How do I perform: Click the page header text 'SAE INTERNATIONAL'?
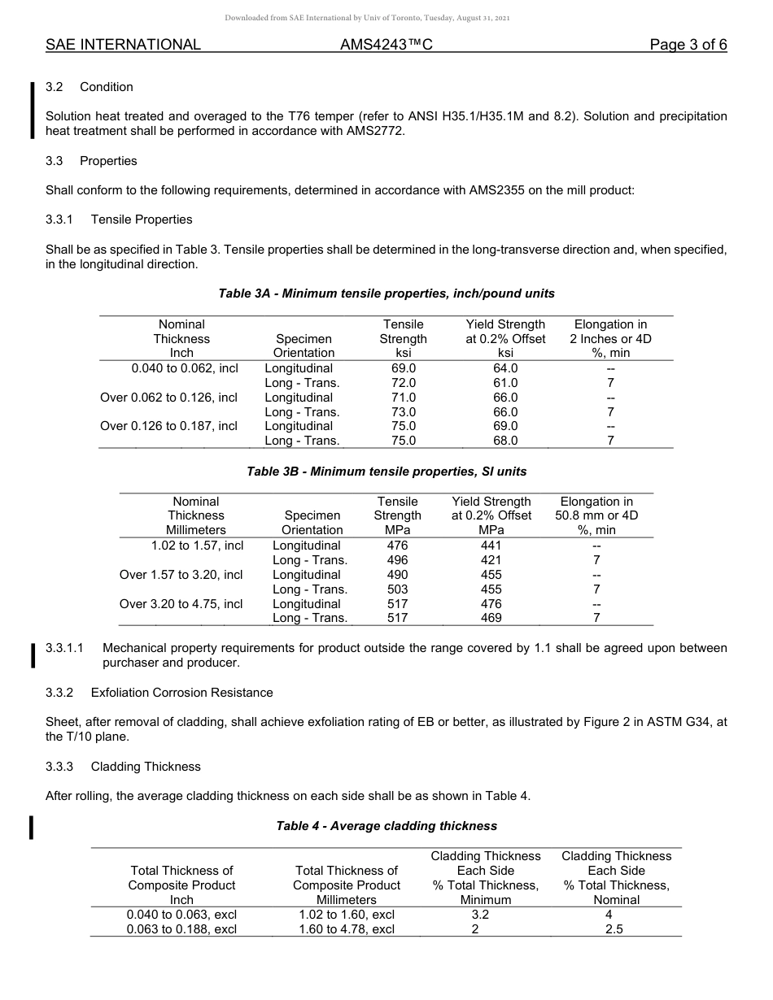coord(123,45)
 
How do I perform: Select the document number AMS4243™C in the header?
coord(386,45)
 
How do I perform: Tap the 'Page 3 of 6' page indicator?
coord(688,45)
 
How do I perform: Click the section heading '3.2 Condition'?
coord(90,87)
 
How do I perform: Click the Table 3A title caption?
coord(386,293)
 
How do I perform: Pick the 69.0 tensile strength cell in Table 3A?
coord(403,368)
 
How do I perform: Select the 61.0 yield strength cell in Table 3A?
coord(505,383)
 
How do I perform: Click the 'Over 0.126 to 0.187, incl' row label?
coord(168,426)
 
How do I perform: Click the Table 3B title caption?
coord(386,472)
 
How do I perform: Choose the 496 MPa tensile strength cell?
coord(398,560)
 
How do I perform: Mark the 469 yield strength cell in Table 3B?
coord(491,618)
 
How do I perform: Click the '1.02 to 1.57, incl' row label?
coord(197,546)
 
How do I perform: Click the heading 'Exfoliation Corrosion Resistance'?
coord(181,693)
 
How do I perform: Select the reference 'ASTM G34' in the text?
coord(690,723)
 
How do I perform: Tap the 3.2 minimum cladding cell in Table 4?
coord(486,915)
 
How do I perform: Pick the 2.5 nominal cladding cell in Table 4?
coord(614,929)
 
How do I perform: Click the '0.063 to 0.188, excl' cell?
coord(181,929)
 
